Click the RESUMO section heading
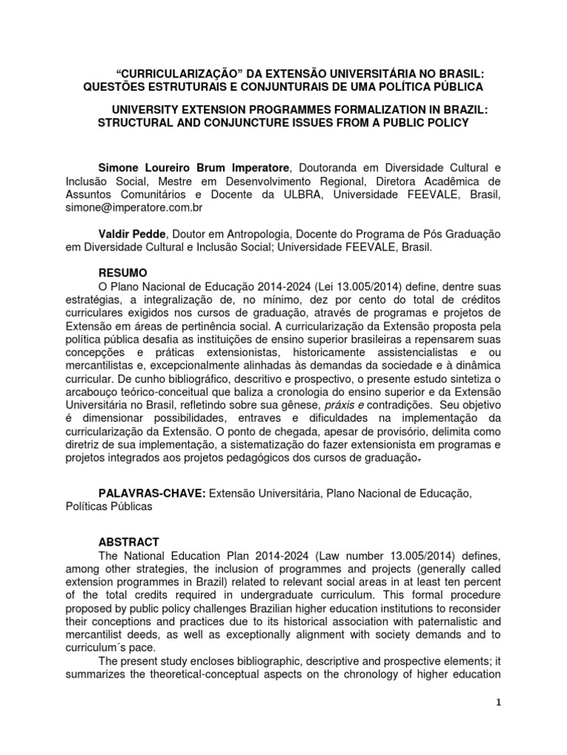click(124, 273)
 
